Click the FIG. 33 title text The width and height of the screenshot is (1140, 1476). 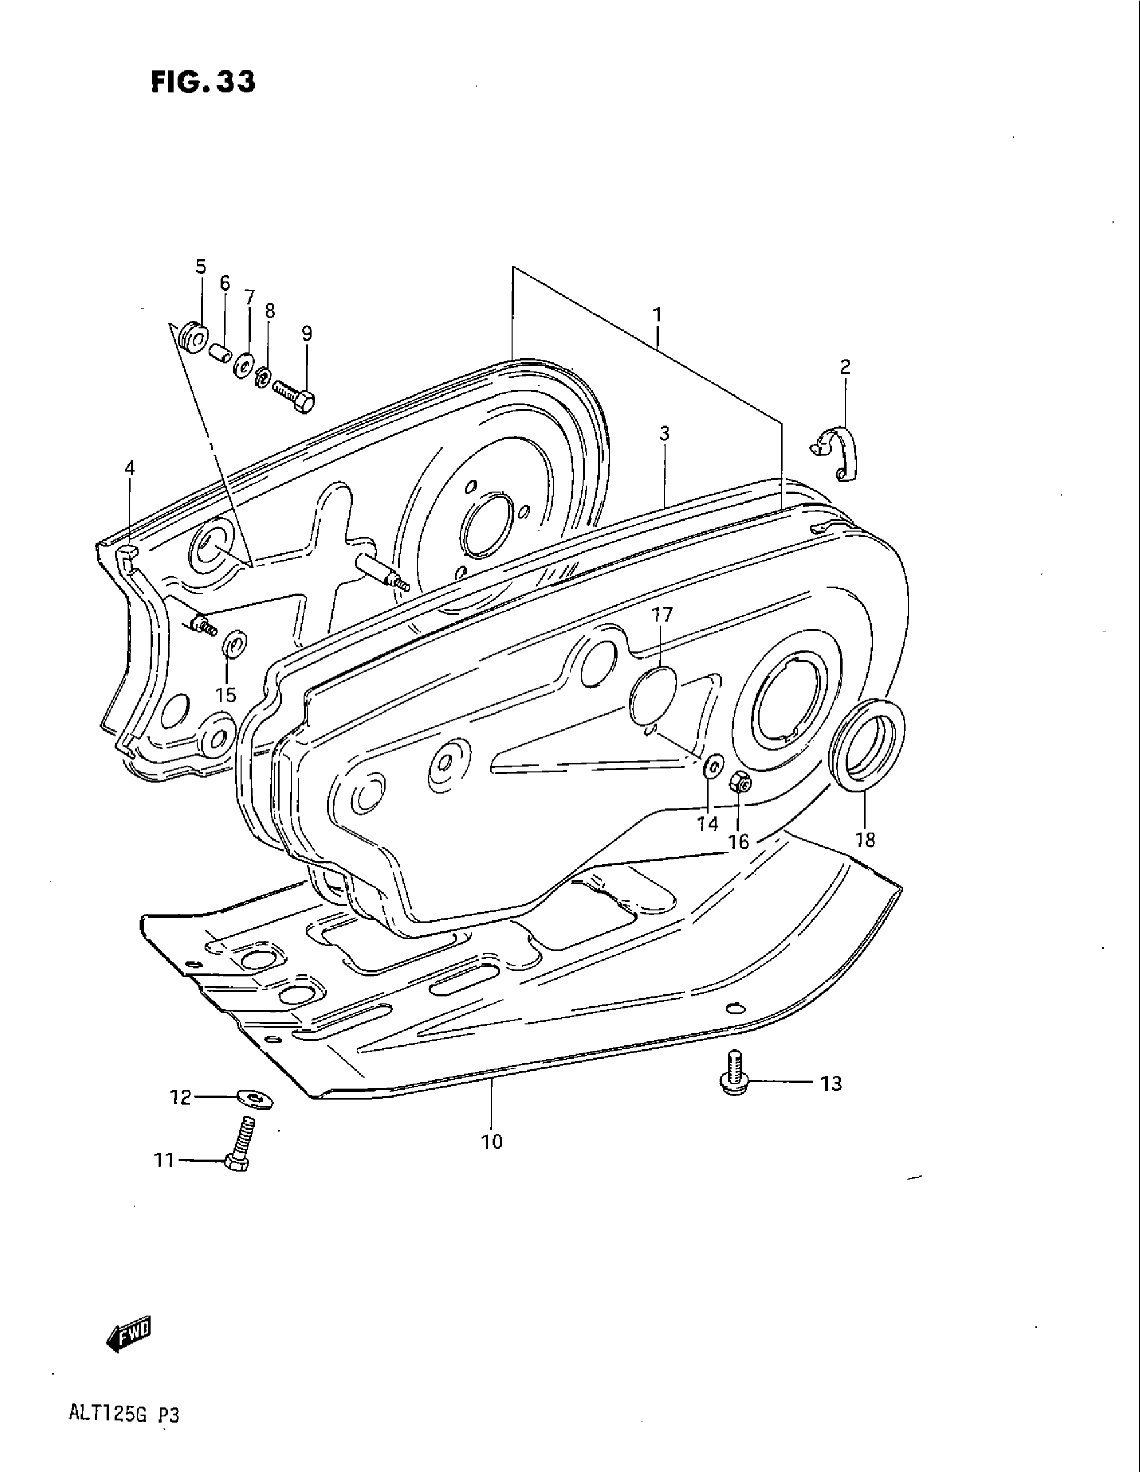point(203,82)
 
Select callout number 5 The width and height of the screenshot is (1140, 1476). point(201,267)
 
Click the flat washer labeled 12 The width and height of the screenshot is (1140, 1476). point(256,1098)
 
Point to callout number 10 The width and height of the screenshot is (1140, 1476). point(492,1142)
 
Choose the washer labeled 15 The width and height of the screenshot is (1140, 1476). point(234,645)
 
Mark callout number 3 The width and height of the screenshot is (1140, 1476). point(665,434)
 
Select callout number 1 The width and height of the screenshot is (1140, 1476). point(657,315)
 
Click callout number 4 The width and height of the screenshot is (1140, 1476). point(129,468)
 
